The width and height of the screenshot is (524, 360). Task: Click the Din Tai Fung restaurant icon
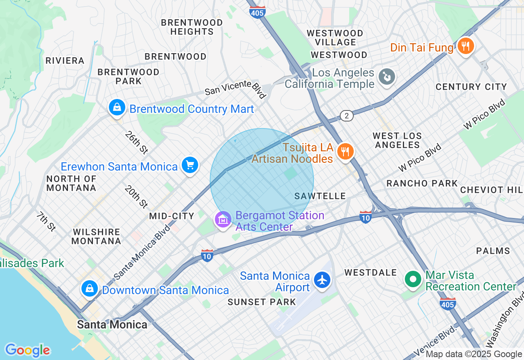(465, 46)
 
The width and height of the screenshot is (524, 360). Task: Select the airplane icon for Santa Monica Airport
(323, 280)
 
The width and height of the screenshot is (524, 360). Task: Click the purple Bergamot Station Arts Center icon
(223, 220)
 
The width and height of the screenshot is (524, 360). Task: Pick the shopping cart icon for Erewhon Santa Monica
(190, 165)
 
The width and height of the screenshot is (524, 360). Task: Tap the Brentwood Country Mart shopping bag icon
(117, 108)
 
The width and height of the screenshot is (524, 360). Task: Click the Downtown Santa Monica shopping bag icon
(90, 288)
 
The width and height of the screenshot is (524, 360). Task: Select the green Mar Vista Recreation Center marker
(413, 279)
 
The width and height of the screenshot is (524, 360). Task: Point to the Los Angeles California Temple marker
(386, 76)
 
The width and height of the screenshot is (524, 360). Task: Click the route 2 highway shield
(346, 116)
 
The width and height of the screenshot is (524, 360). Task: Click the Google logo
(27, 350)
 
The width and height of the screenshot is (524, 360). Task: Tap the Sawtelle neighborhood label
(320, 196)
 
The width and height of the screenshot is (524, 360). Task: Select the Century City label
(471, 87)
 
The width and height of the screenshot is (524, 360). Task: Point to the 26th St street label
(137, 142)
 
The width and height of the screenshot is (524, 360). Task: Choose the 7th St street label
(46, 221)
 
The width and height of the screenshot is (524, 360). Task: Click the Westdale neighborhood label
(370, 272)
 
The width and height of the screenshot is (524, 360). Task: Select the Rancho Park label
(422, 183)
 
